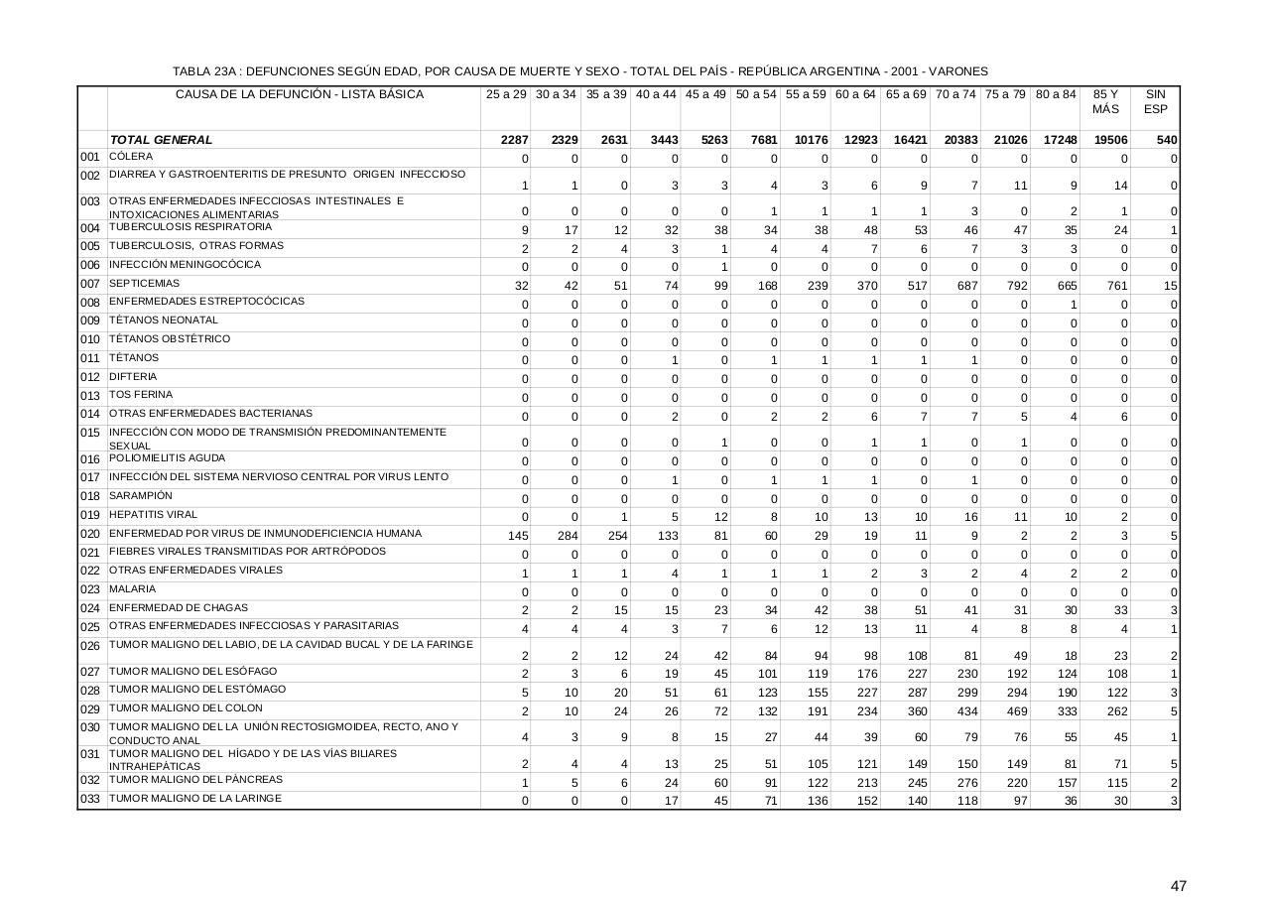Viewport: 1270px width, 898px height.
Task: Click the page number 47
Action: click(1179, 886)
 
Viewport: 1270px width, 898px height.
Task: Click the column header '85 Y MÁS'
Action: click(1105, 101)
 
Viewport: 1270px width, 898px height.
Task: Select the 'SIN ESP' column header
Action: click(1155, 101)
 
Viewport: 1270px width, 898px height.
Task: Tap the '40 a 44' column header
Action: click(655, 94)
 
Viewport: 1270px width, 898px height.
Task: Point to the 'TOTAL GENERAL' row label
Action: click(161, 140)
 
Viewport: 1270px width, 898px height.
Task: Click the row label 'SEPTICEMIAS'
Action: click(145, 284)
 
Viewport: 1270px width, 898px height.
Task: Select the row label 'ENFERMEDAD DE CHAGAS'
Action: click(179, 607)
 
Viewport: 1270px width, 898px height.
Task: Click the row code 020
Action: click(90, 535)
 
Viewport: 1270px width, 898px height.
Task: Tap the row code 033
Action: click(90, 800)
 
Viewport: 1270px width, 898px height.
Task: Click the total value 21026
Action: click(1007, 140)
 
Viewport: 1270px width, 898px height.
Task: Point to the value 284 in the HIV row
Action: click(567, 537)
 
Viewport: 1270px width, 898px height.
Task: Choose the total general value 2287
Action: click(514, 140)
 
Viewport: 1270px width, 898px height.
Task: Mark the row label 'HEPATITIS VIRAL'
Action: click(153, 515)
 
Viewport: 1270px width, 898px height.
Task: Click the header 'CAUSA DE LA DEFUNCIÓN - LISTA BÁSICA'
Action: click(299, 94)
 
